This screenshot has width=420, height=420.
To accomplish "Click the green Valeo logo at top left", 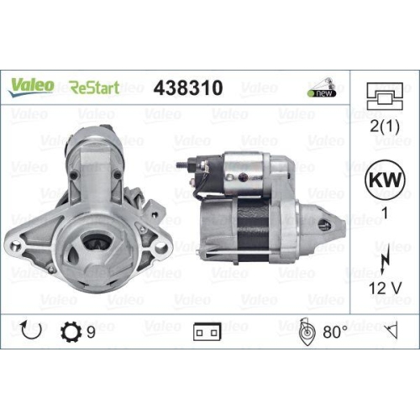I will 33,86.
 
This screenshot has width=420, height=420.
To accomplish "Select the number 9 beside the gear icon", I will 91,331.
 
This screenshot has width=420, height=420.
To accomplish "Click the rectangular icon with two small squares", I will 206,332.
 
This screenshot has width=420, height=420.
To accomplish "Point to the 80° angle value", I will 334,331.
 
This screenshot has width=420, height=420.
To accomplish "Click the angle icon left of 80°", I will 307,331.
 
